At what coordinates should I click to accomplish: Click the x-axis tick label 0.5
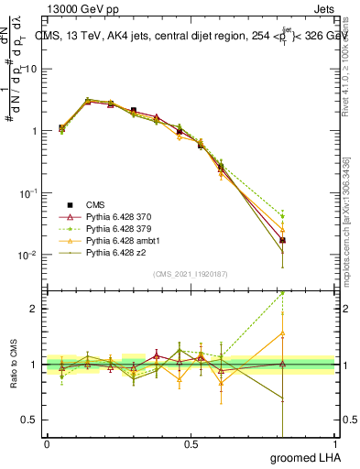[x=191, y=443]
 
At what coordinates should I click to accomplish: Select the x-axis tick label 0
[x=47, y=443]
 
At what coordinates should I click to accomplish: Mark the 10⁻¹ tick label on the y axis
[x=26, y=193]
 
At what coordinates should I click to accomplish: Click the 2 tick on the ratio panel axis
[x=33, y=309]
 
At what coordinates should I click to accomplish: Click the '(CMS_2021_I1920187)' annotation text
[x=191, y=273]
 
